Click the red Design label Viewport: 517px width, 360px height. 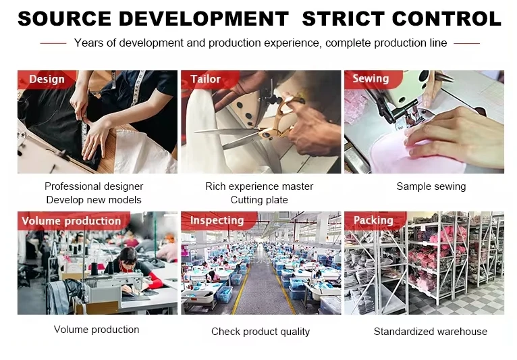[47, 79]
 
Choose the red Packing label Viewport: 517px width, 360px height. [373, 220]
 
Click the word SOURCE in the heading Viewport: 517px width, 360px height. [64, 18]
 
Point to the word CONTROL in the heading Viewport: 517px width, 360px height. [446, 18]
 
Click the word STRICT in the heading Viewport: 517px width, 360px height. [344, 18]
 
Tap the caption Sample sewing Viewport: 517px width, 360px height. [431, 186]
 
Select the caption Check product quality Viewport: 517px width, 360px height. [261, 331]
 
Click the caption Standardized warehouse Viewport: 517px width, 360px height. [431, 331]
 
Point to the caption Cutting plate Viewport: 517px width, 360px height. [259, 200]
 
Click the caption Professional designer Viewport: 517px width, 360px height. [94, 186]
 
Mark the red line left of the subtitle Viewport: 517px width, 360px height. [53, 43]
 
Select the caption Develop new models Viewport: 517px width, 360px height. [94, 200]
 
